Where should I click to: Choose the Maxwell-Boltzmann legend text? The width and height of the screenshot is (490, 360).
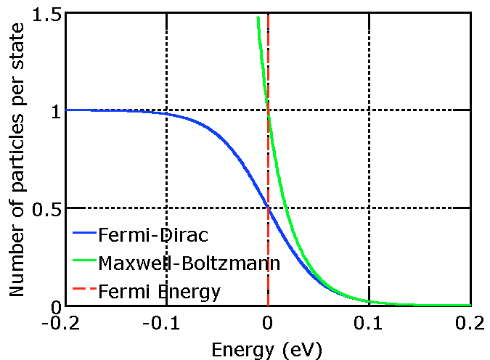coord(189,263)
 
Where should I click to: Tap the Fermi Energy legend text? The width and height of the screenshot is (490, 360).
coord(160,291)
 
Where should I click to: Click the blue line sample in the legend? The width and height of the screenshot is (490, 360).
coord(83,234)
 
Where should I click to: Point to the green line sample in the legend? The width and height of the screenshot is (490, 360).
coord(83,263)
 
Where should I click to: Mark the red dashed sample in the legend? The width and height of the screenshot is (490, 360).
coord(83,291)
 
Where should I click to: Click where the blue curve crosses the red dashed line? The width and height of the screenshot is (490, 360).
coord(268,208)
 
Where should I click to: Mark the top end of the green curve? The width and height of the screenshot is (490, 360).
coord(258,17)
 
